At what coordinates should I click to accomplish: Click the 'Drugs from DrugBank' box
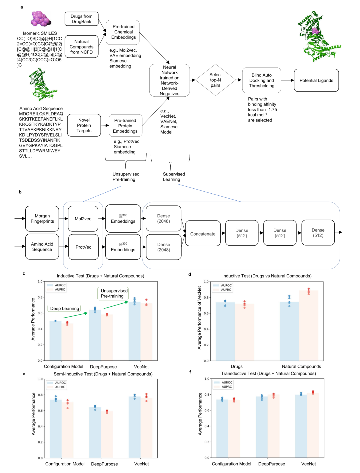(81, 19)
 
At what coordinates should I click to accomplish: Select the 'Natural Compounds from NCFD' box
(81, 47)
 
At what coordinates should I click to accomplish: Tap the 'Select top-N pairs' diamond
(216, 80)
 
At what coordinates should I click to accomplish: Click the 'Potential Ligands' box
(316, 80)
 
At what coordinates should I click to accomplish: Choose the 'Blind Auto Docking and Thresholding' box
(262, 80)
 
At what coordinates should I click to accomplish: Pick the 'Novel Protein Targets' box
(84, 125)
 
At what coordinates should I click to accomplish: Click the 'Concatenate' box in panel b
(203, 234)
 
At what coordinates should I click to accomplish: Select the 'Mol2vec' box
(83, 219)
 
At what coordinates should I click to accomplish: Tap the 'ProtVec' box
(83, 247)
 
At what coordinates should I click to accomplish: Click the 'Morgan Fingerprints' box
(42, 219)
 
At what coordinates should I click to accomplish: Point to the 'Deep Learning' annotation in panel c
(64, 308)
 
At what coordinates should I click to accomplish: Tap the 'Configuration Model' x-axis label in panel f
(231, 464)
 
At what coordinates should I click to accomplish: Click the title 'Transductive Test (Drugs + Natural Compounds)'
(268, 373)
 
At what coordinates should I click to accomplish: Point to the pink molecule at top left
(40, 19)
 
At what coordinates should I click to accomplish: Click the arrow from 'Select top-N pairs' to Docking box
(239, 80)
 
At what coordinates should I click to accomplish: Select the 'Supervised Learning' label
(174, 177)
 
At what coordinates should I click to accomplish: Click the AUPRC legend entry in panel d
(226, 290)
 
